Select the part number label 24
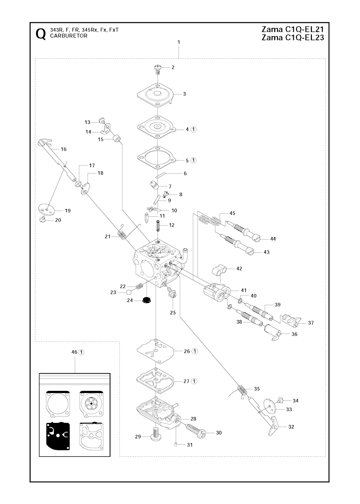click(x=130, y=300)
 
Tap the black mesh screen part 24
click(x=147, y=300)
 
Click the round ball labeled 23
click(x=129, y=293)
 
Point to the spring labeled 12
click(x=158, y=225)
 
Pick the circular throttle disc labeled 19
click(x=47, y=210)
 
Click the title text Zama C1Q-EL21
click(x=292, y=30)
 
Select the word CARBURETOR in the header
click(x=69, y=36)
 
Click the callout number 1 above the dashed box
click(x=179, y=42)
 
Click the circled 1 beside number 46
click(x=81, y=352)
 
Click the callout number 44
click(x=273, y=239)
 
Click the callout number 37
click(x=311, y=323)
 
